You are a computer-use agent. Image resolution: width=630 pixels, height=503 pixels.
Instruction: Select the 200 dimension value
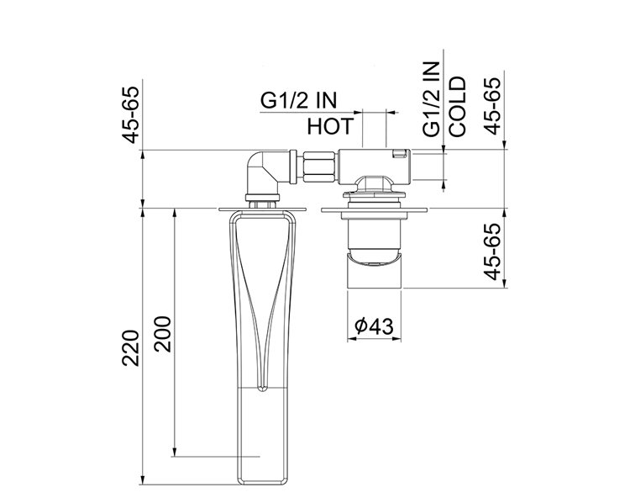[163, 336]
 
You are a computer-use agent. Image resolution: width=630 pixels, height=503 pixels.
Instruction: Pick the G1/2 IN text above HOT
[297, 102]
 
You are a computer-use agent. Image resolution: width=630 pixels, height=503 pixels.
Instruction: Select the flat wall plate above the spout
[260, 208]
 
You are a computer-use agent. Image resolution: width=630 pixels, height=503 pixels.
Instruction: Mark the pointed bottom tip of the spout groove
[261, 388]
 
